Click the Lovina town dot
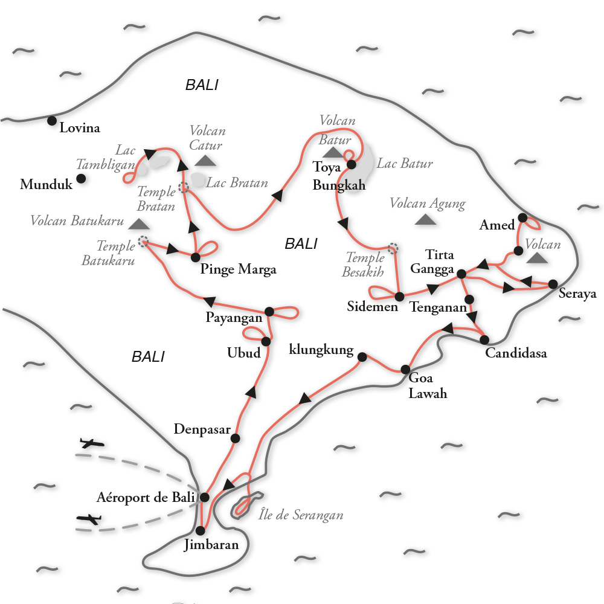52,121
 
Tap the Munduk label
46,185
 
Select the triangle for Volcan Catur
206,160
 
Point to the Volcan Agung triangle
426,219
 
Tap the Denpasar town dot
236,439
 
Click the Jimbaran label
211,545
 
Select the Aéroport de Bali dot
204,498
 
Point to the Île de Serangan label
301,515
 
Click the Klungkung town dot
362,357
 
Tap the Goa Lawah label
428,386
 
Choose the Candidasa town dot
484,340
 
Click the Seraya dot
553,283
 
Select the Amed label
498,225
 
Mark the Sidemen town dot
399,297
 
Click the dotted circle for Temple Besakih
393,248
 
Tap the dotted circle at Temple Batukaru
143,242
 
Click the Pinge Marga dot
195,257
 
